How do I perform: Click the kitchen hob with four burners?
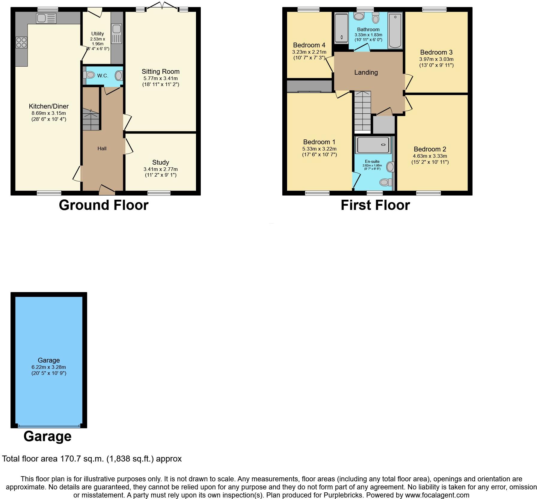21,42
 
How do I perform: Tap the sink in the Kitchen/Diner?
46,18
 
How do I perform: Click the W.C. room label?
102,76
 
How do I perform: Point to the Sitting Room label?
161,71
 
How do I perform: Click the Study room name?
161,162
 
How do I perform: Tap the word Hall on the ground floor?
102,148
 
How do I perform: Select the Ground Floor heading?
104,205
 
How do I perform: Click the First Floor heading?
375,205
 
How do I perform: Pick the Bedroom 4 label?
309,45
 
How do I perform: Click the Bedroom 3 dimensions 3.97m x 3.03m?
436,59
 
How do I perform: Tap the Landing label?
366,72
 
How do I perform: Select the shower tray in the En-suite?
373,145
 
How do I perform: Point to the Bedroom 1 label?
319,142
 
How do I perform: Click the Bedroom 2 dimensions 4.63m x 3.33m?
430,156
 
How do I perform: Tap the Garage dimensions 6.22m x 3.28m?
49,367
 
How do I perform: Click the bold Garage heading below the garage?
47,436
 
